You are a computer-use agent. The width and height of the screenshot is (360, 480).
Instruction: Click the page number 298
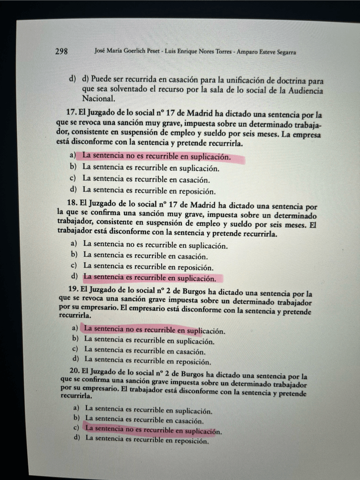point(62,52)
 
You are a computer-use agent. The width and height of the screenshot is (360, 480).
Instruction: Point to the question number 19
point(72,290)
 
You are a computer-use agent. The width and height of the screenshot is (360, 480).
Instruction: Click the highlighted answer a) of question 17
point(156,156)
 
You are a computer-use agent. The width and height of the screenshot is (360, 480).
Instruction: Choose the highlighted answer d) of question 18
point(149,278)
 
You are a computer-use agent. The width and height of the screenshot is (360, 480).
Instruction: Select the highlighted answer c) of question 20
point(152,430)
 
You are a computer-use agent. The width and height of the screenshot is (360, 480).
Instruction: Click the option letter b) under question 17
point(72,167)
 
